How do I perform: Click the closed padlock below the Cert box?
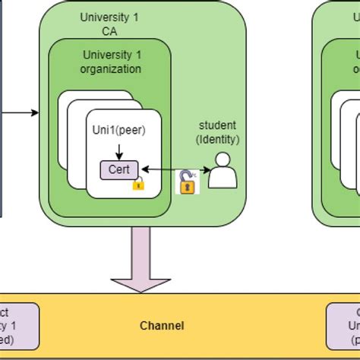pyautogui.click(x=138, y=183)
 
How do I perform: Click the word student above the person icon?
pyautogui.click(x=217, y=125)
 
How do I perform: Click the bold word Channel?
pyautogui.click(x=162, y=326)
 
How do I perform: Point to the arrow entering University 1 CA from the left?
pyautogui.click(x=19, y=113)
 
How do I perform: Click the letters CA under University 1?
pyautogui.click(x=112, y=31)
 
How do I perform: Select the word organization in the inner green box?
pyautogui.click(x=111, y=69)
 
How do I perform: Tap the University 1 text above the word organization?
pyautogui.click(x=111, y=55)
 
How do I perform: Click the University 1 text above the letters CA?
pyautogui.click(x=112, y=17)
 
